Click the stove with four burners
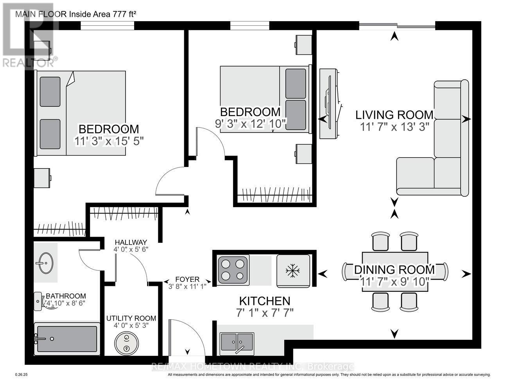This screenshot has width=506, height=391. pyautogui.click(x=233, y=269)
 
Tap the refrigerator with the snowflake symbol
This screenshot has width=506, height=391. pyautogui.click(x=293, y=270)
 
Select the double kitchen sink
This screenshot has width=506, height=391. pyautogui.click(x=237, y=341)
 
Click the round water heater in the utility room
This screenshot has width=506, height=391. pyautogui.click(x=126, y=343)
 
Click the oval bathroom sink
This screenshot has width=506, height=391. pyautogui.click(x=46, y=263)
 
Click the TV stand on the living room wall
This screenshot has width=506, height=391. pyautogui.click(x=329, y=104)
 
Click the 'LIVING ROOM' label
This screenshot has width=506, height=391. pyautogui.click(x=394, y=115)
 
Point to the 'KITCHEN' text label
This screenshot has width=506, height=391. pyautogui.click(x=265, y=301)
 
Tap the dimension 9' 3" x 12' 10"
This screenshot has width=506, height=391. pyautogui.click(x=251, y=124)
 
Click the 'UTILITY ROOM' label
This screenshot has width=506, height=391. pyautogui.click(x=131, y=318)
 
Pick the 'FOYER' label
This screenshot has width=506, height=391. pyautogui.click(x=187, y=279)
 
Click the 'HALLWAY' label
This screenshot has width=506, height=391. pyautogui.click(x=131, y=242)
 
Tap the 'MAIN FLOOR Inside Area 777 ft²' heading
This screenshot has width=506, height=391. pyautogui.click(x=75, y=14)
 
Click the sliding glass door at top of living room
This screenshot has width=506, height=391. pyautogui.click(x=397, y=26)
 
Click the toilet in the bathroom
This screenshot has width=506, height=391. pyautogui.click(x=41, y=301)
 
